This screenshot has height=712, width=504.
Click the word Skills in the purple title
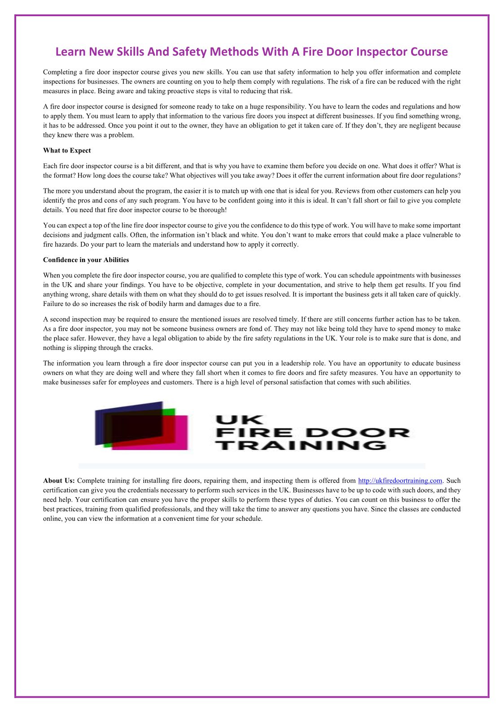pos(131,52)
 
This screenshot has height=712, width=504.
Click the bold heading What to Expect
pos(67,151)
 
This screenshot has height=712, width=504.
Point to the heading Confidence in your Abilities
pos(86,260)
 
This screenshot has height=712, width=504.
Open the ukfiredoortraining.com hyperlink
pos(400,481)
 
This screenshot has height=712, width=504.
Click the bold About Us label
pos(59,481)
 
